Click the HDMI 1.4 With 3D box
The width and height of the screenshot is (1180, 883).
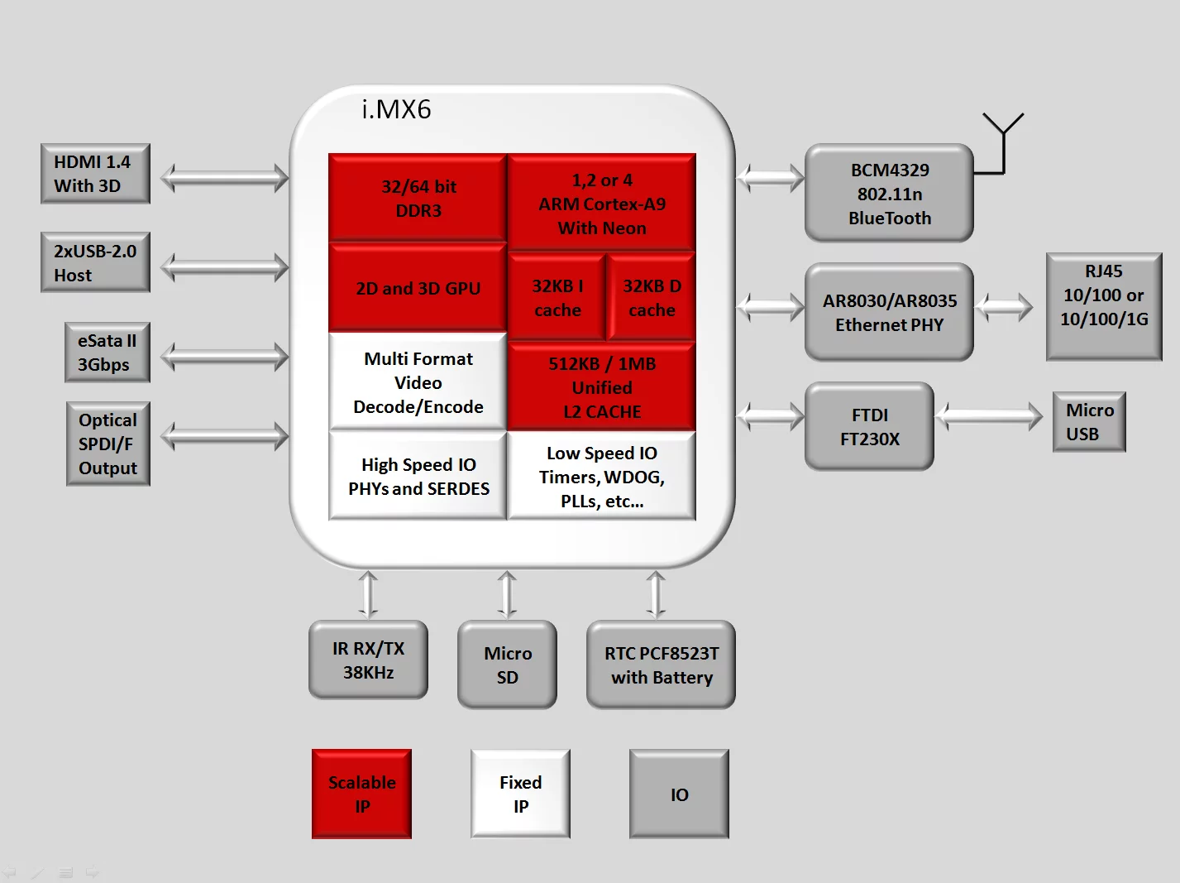coord(95,174)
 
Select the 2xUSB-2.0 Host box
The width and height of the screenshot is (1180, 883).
coord(95,262)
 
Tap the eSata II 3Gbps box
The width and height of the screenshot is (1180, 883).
coord(107,353)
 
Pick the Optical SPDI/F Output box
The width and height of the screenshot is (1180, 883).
coord(107,444)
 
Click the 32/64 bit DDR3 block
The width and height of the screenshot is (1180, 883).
coord(418,199)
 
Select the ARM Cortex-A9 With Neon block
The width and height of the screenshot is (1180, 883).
coord(601,204)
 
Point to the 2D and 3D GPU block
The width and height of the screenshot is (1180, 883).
coord(418,288)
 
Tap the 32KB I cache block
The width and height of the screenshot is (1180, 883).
coord(557,298)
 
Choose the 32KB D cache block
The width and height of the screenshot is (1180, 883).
coord(652,298)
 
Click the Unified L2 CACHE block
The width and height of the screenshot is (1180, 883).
coord(601,387)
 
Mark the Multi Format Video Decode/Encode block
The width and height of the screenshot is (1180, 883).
coord(418,382)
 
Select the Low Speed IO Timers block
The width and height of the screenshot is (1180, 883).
coord(601,477)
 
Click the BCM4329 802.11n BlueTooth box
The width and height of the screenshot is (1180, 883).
coord(889,194)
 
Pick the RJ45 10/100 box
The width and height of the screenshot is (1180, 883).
coord(1104,306)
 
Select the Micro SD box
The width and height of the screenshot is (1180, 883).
coord(507,665)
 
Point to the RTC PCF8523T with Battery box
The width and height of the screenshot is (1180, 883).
coord(661,665)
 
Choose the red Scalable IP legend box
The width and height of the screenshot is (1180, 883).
coord(361,794)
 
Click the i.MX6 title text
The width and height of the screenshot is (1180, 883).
coord(396,109)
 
